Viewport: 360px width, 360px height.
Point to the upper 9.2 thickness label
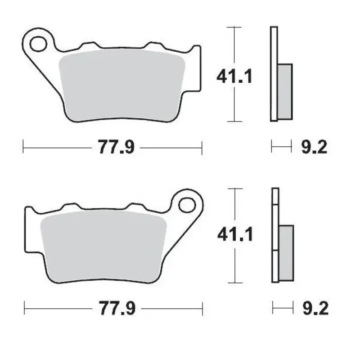(314, 147)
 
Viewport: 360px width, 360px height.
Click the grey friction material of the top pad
(121, 85)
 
